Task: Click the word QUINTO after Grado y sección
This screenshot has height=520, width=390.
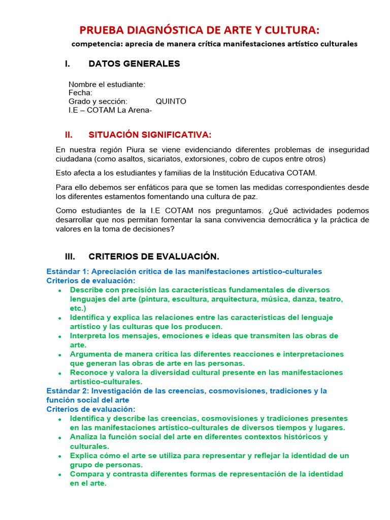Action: point(171,101)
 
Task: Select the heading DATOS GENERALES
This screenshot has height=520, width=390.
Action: point(134,63)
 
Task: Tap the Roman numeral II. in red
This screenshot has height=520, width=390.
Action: point(69,135)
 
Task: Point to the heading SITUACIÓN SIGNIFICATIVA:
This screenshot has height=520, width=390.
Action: point(150,135)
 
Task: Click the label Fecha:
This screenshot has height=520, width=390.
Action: point(80,93)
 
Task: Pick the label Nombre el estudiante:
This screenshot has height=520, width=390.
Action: point(107,84)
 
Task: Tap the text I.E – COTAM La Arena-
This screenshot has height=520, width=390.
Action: point(110,110)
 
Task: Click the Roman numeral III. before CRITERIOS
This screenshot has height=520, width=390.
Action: point(70,256)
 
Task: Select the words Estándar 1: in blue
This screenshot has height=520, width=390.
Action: point(68,272)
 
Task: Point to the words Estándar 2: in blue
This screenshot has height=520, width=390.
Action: point(68,391)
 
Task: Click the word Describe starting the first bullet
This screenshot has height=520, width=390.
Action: point(87,290)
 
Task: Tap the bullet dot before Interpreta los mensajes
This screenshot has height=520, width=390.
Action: point(60,337)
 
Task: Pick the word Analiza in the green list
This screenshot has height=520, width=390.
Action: point(84,437)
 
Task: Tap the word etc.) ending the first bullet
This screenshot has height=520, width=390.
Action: point(78,308)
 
